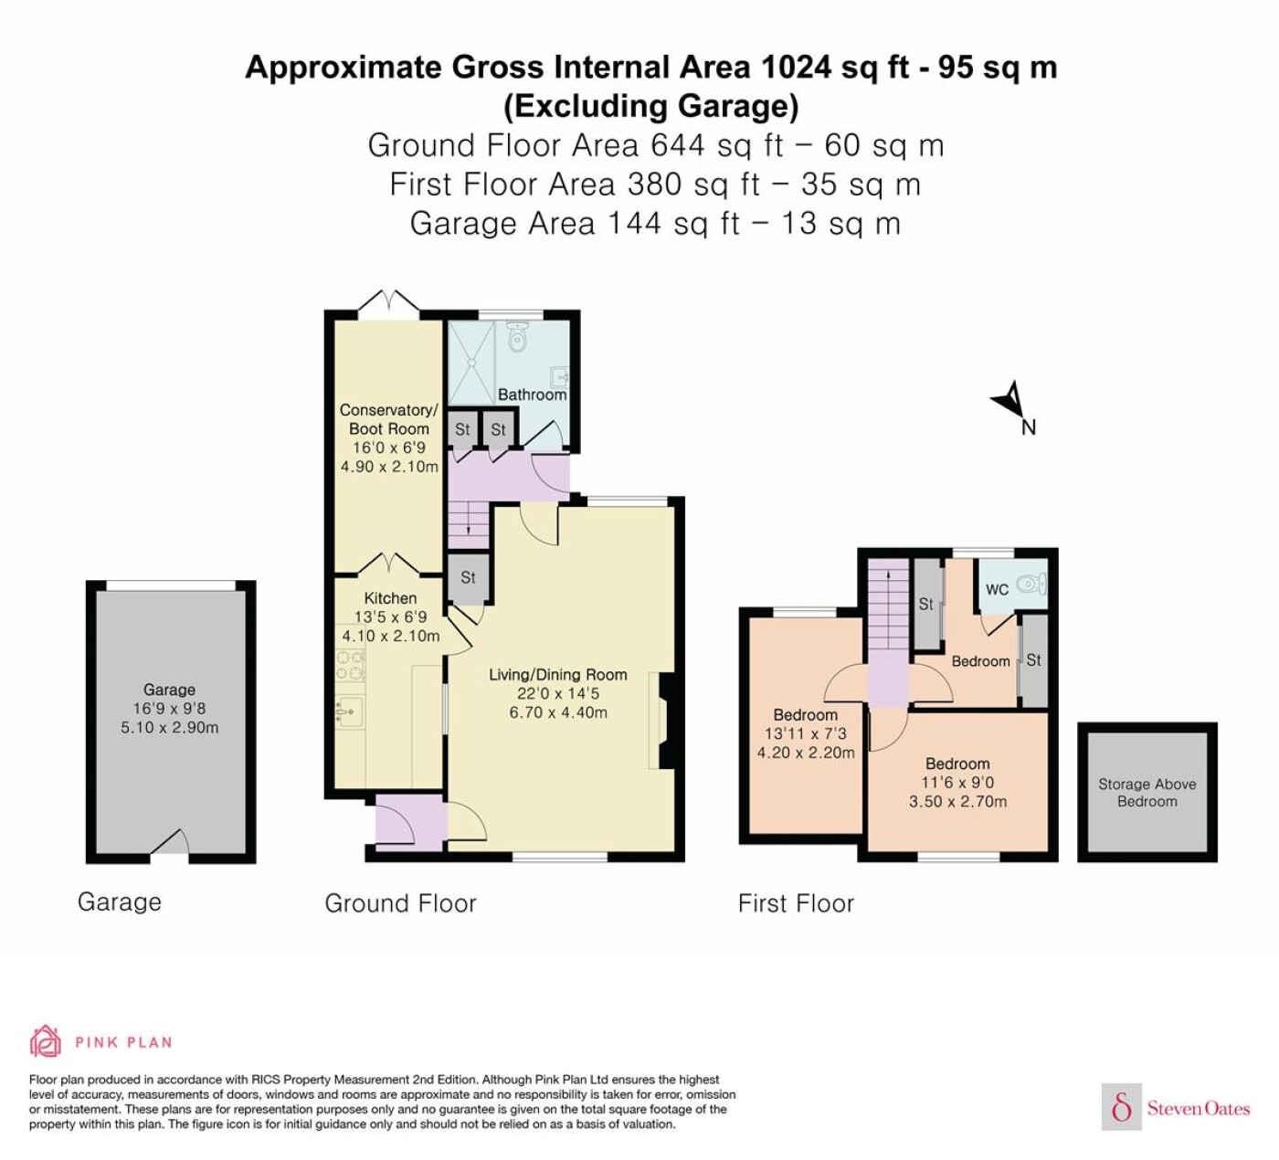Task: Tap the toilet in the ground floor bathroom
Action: (518, 335)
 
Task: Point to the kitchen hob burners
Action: (350, 665)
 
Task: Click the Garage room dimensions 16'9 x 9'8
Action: (170, 709)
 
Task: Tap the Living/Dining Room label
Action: (558, 675)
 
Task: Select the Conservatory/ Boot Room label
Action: (389, 419)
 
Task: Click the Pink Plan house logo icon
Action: (46, 1040)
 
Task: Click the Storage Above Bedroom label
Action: (1147, 793)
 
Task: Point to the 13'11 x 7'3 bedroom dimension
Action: (806, 733)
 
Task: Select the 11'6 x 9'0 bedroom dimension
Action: (957, 783)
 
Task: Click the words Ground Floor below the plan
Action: (400, 903)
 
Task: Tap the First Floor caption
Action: (796, 903)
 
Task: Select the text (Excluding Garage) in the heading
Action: (651, 106)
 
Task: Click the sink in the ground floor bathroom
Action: (560, 376)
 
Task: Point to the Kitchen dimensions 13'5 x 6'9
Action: (390, 617)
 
